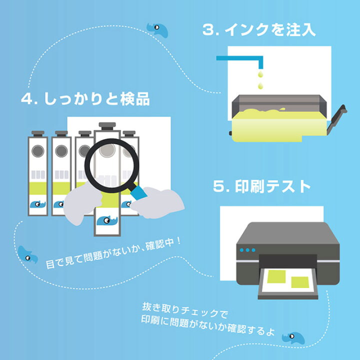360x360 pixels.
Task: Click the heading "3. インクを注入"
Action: point(259,29)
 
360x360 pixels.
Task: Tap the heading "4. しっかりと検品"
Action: point(85,98)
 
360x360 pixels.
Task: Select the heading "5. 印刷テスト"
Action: point(262,187)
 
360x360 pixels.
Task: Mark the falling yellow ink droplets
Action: point(259,80)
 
